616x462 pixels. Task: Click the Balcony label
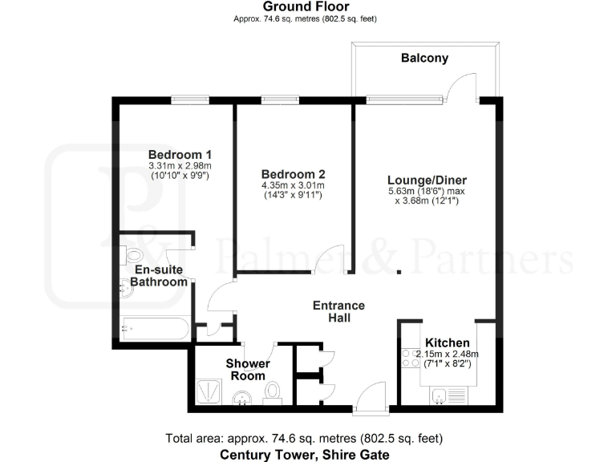click(424, 59)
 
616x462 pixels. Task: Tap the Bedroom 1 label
click(180, 154)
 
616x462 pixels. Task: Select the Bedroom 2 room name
click(293, 174)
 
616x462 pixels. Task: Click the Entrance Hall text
click(338, 311)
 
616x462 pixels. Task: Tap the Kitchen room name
click(447, 342)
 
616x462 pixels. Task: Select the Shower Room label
click(247, 370)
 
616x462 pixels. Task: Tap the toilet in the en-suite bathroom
click(132, 255)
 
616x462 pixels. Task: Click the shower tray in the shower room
click(211, 391)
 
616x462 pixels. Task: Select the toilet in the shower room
click(274, 393)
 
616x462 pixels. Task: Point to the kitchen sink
click(440, 395)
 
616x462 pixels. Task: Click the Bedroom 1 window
click(190, 100)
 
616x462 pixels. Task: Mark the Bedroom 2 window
click(280, 100)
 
